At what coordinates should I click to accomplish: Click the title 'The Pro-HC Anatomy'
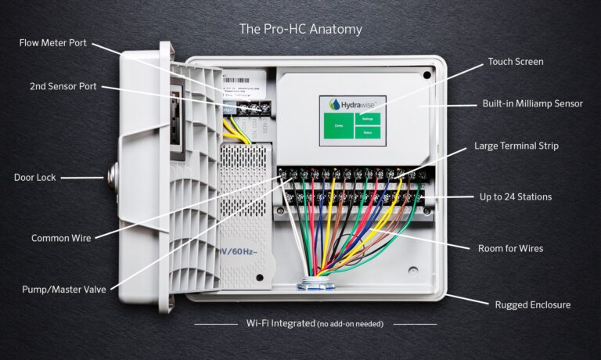tap(300, 29)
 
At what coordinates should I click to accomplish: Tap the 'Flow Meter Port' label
tap(53, 42)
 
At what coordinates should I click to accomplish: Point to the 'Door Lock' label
tap(35, 178)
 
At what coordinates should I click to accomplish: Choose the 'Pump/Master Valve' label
tap(64, 290)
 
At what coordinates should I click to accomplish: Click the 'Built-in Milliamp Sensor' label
tap(532, 103)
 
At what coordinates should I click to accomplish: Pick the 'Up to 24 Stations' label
tap(515, 196)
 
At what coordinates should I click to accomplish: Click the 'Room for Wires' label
tap(510, 248)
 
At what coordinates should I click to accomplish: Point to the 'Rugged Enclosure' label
tap(532, 304)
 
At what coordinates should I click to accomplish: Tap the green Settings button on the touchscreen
tap(369, 119)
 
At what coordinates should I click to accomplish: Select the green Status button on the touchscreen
tap(369, 133)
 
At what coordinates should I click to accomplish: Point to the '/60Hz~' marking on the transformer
tap(240, 253)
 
